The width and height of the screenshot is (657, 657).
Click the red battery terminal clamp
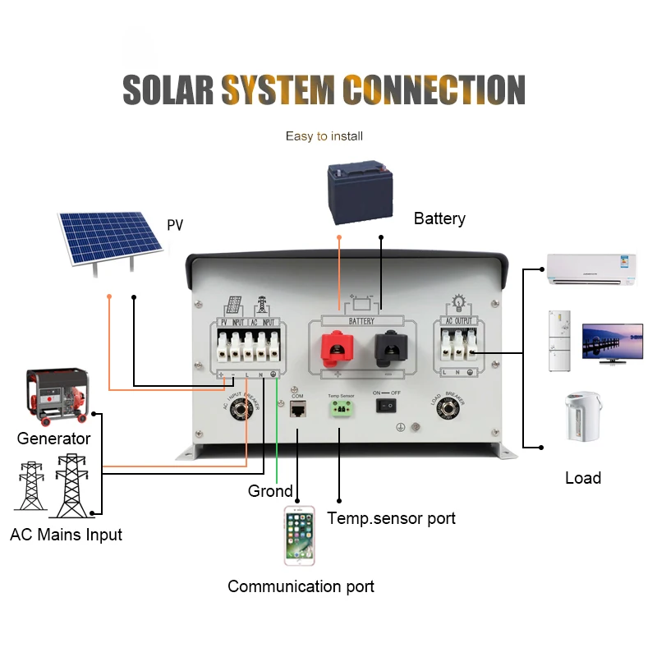coord(335,349)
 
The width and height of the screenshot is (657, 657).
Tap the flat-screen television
coord(612,342)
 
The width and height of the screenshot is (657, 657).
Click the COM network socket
coord(298,408)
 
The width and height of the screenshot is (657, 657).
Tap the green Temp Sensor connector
coord(340,409)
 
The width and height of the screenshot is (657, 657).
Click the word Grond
coord(270,491)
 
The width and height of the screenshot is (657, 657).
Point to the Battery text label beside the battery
coord(439,218)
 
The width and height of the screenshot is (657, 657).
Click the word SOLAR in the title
coord(168,89)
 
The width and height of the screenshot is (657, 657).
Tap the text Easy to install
coord(324,136)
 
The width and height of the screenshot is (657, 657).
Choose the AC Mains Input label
coord(66,535)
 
